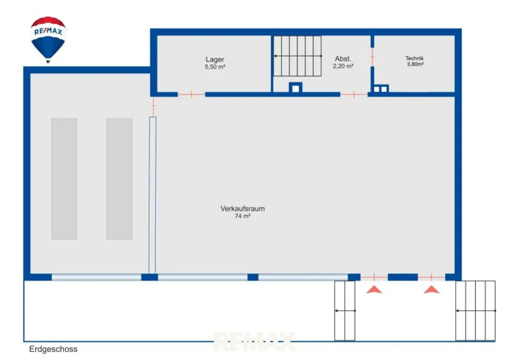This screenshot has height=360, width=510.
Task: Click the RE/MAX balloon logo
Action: pyautogui.click(x=48, y=39)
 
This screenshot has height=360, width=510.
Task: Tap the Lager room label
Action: pyautogui.click(x=215, y=59)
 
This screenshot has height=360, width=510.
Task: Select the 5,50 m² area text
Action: pyautogui.click(x=215, y=67)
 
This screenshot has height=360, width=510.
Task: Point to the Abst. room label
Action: pyautogui.click(x=343, y=59)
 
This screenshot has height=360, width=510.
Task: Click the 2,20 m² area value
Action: pyautogui.click(x=343, y=66)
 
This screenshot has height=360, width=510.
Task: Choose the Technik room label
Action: pyautogui.click(x=414, y=58)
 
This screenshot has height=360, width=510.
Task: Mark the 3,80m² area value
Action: pyautogui.click(x=415, y=64)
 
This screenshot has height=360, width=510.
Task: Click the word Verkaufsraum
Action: pyautogui.click(x=242, y=209)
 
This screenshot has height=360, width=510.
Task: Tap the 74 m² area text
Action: pyautogui.click(x=242, y=216)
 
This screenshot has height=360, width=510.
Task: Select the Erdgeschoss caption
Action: pyautogui.click(x=53, y=349)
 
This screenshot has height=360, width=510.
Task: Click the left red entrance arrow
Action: pyautogui.click(x=374, y=290)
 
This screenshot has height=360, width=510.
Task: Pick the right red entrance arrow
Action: pyautogui.click(x=431, y=290)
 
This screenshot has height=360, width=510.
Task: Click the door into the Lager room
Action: pyautogui.click(x=191, y=94)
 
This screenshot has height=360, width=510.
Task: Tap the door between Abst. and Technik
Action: pyautogui.click(x=372, y=57)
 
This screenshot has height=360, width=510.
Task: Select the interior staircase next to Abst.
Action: pyautogui.click(x=297, y=56)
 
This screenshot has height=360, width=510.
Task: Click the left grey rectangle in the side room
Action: pyautogui.click(x=64, y=179)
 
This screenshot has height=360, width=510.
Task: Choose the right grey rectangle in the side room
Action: pyautogui.click(x=120, y=179)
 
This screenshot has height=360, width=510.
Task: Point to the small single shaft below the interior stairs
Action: pyautogui.click(x=296, y=87)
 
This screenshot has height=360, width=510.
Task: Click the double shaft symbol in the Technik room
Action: pyautogui.click(x=381, y=88)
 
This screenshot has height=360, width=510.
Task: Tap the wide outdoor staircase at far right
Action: pyautogui.click(x=475, y=311)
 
